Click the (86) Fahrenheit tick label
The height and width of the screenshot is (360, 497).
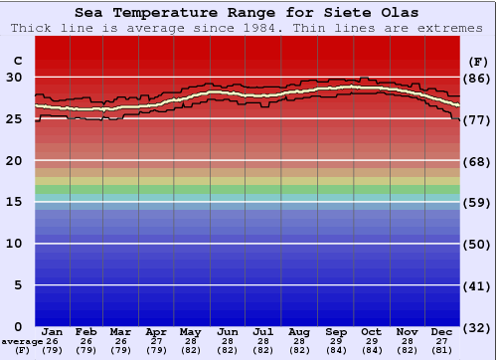pyautogui.click(x=477, y=78)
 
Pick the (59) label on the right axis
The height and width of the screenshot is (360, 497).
pyautogui.click(x=477, y=202)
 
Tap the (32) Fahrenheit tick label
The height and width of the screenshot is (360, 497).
pyautogui.click(x=477, y=326)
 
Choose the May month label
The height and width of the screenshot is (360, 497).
pyautogui.click(x=189, y=331)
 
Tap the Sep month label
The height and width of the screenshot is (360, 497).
pyautogui.click(x=336, y=331)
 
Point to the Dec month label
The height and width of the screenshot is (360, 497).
pyautogui.click(x=442, y=331)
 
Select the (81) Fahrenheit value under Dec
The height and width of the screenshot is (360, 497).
pyautogui.click(x=442, y=350)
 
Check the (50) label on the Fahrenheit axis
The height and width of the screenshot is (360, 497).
pyautogui.click(x=477, y=244)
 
